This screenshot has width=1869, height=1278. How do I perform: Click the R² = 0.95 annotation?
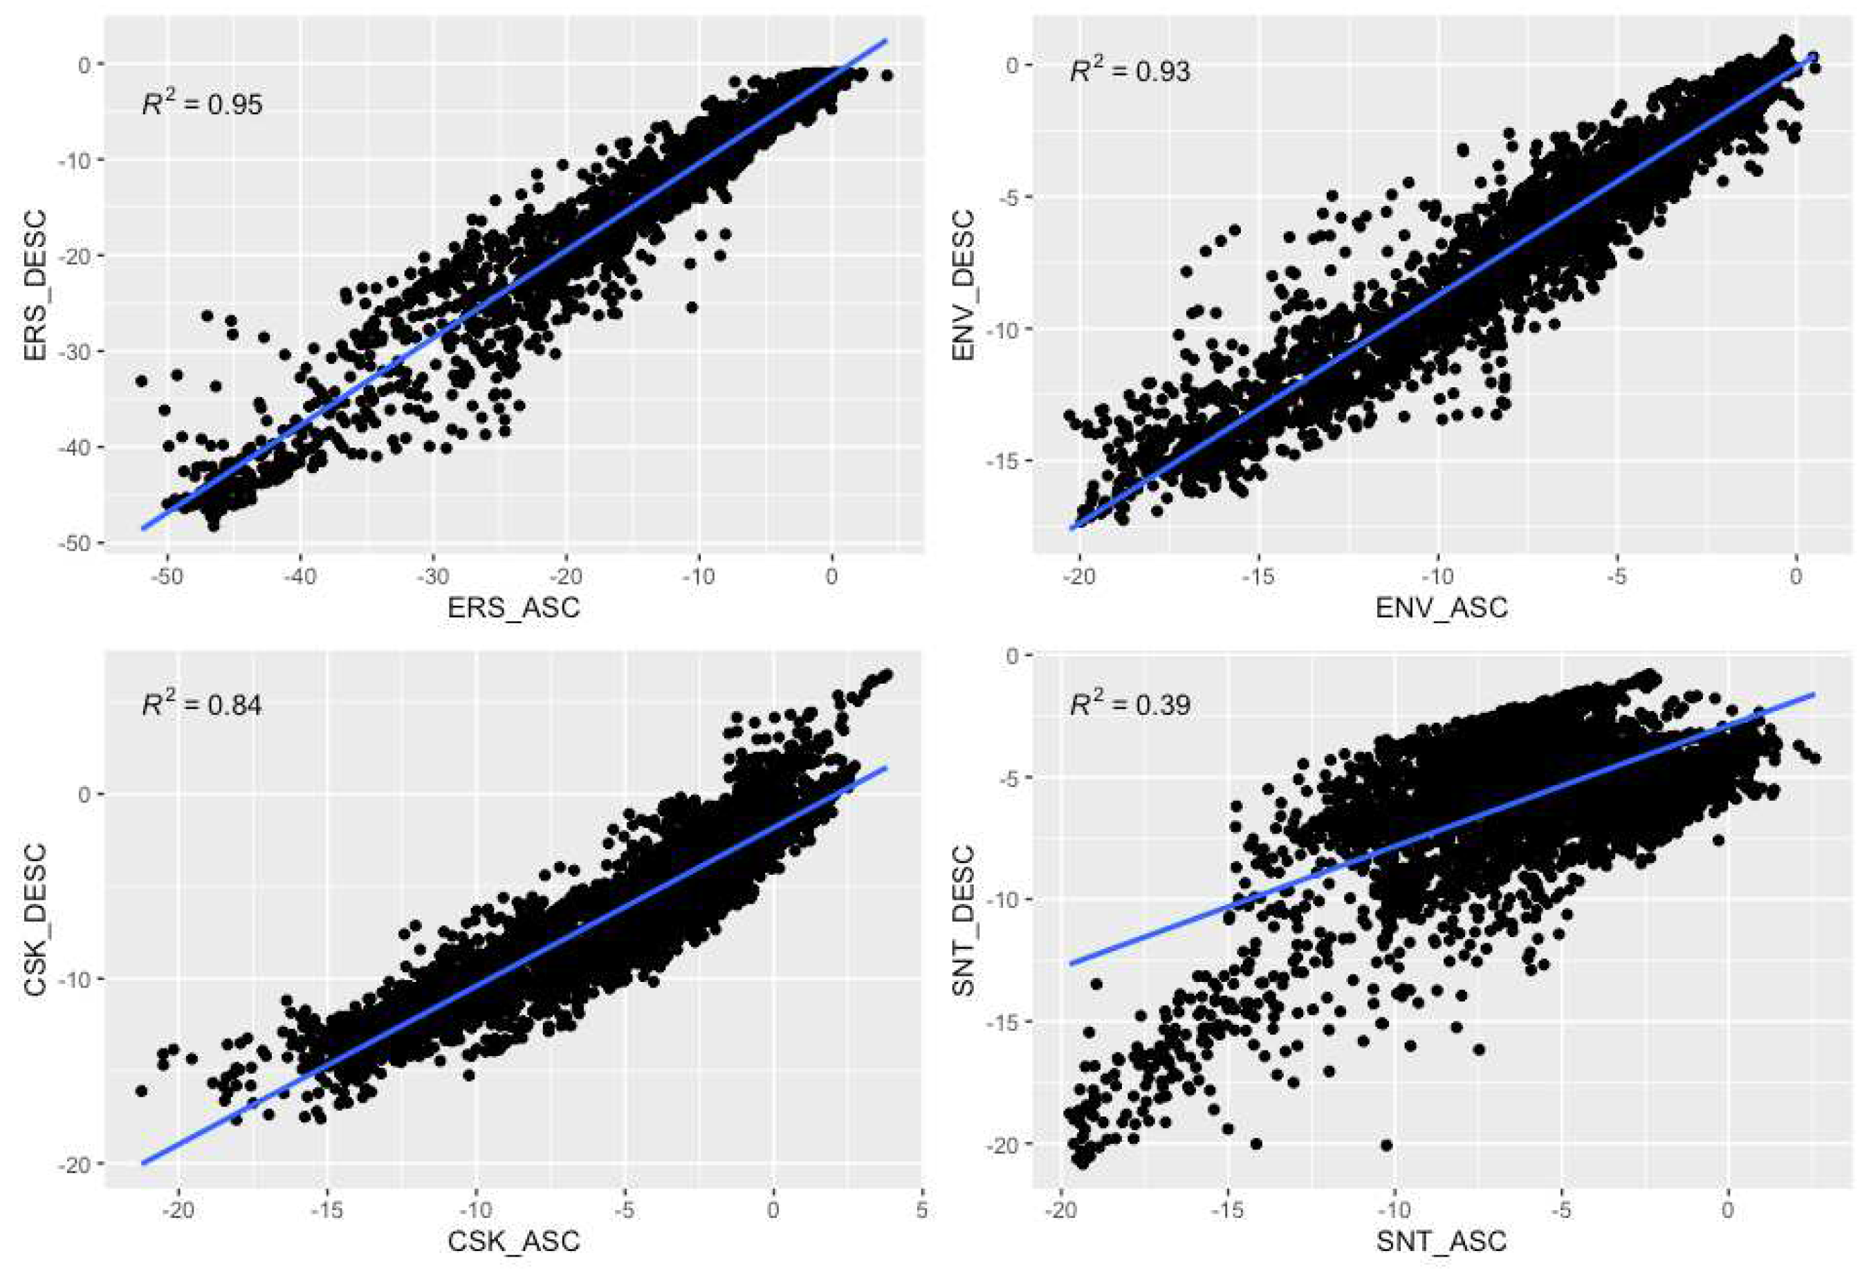[x=203, y=104]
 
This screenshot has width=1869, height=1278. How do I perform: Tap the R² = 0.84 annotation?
[x=203, y=705]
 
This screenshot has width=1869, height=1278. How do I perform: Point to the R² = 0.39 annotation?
[x=1130, y=705]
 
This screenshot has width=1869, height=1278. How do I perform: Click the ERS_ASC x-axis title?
[x=514, y=607]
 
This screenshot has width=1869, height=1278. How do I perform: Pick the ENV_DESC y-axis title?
[x=964, y=286]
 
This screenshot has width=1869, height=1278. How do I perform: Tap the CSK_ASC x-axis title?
[x=514, y=1241]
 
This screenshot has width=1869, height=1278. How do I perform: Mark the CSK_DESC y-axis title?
[x=36, y=919]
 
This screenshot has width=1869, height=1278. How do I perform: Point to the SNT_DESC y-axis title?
[x=964, y=919]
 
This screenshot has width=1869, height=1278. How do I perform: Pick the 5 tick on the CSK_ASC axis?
[x=921, y=1210]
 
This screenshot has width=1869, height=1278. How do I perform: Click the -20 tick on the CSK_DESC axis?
[x=75, y=1164]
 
